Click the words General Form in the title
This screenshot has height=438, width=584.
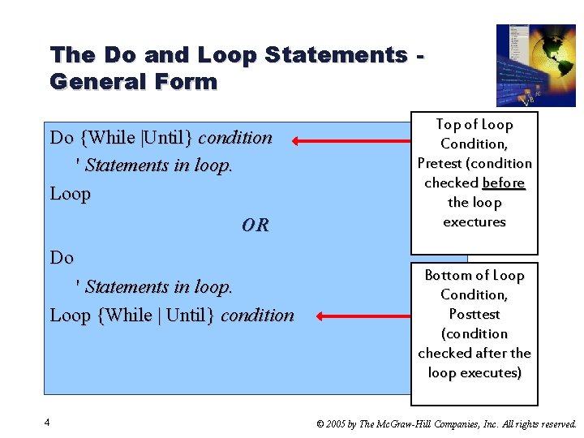(134, 82)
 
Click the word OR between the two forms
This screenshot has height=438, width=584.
(255, 225)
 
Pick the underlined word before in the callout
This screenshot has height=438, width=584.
(503, 183)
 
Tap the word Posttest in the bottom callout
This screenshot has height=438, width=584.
(474, 315)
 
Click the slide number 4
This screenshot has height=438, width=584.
(49, 423)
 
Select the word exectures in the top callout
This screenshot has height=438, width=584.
(474, 222)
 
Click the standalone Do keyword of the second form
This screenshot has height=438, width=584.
(62, 258)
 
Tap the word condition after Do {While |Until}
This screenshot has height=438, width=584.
(235, 138)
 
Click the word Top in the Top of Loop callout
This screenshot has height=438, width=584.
(449, 125)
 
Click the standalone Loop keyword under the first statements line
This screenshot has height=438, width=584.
(71, 195)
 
